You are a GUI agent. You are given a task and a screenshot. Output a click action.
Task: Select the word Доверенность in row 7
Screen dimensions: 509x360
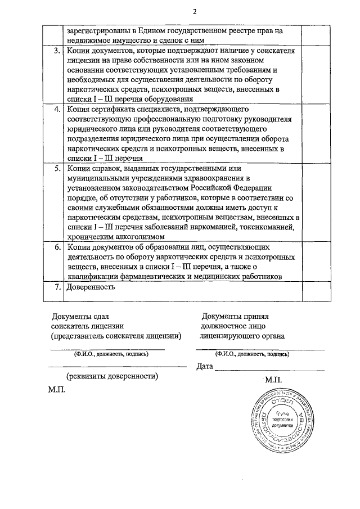tap(91, 287)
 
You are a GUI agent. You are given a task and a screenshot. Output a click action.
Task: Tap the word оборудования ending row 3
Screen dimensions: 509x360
tap(170, 99)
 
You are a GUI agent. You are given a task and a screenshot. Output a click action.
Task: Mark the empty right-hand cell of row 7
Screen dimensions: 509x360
tap(310, 291)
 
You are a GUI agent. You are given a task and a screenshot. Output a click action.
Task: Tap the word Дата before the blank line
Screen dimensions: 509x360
tap(205, 367)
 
